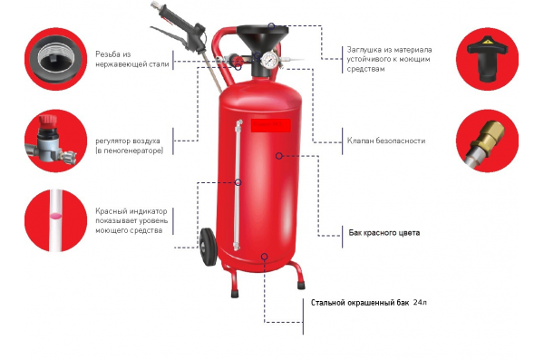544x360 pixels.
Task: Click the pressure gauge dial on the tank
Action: tap(269, 62)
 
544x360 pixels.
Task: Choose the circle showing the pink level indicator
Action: tap(51, 218)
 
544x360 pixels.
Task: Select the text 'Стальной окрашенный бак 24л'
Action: tap(368, 301)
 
